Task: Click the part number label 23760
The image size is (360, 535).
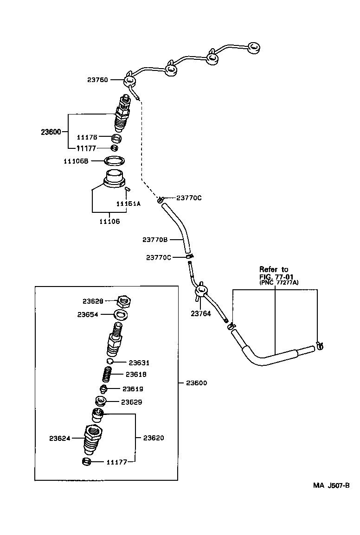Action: [x=97, y=80]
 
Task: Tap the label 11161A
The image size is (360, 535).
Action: [x=128, y=204]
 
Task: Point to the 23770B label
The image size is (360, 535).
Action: [x=155, y=240]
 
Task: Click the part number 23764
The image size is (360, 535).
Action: [x=200, y=313]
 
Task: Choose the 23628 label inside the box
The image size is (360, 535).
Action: [x=93, y=301]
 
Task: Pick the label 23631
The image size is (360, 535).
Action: [x=139, y=363]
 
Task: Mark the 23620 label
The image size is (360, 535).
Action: [x=153, y=438]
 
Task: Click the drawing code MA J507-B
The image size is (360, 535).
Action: [x=330, y=485]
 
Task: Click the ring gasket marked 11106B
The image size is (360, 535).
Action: [x=114, y=161]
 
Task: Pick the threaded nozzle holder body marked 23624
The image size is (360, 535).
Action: [x=93, y=440]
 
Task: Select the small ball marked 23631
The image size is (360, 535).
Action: [x=110, y=362]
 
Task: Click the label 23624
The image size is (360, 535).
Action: [x=59, y=438]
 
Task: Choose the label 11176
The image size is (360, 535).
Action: [x=86, y=137]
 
